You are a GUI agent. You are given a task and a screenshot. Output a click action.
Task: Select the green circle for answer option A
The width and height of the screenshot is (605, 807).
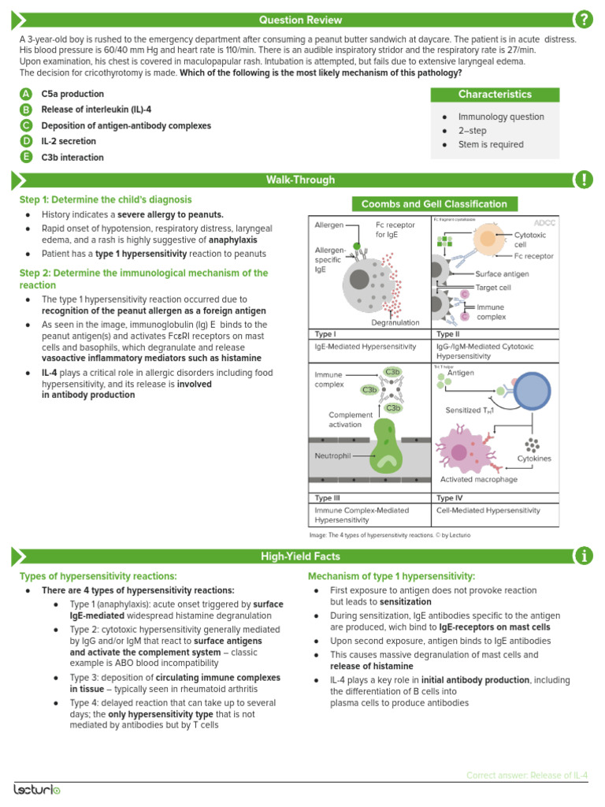tap(26, 94)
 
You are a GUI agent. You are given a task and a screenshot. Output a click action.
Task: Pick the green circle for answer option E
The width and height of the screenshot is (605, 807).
tap(26, 157)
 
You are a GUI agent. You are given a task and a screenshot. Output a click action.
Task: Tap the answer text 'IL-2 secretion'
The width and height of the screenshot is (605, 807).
tap(69, 141)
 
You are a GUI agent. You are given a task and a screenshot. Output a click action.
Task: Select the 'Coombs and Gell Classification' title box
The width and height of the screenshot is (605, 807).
tap(433, 204)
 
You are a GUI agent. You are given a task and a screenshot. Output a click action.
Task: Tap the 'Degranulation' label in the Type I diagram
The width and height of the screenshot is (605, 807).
tap(393, 322)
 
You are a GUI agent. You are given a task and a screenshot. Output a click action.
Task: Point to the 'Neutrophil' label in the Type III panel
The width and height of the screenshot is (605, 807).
tap(332, 455)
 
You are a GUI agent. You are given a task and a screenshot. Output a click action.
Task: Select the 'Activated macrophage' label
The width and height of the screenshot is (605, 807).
tap(478, 479)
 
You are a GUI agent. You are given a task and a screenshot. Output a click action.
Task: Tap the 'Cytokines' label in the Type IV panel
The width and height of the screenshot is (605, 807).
tap(534, 458)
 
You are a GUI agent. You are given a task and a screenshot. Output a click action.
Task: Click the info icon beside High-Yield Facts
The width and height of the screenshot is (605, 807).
tap(584, 556)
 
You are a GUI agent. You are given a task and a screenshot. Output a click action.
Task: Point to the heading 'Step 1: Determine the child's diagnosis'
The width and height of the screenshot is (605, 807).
tap(106, 200)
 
